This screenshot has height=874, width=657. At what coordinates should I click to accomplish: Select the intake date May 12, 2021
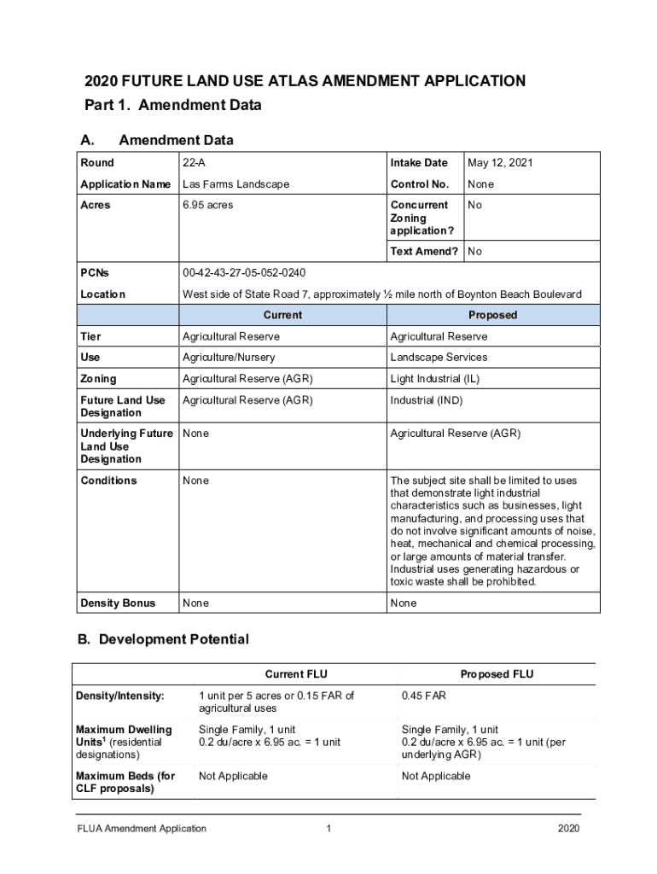coord(499,163)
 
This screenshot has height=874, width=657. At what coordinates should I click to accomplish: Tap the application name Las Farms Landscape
coord(235,184)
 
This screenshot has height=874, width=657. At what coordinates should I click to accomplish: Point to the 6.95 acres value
coord(207,206)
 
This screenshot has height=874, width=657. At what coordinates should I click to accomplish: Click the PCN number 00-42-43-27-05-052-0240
coord(244,273)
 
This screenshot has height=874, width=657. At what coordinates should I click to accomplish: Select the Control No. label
coord(419,184)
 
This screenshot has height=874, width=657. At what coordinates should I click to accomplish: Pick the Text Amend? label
coord(424,252)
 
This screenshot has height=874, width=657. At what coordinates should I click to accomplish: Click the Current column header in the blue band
coord(282,315)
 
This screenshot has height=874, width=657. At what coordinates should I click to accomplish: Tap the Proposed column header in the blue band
coord(493,315)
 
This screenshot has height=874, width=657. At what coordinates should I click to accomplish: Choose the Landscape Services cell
coord(439,358)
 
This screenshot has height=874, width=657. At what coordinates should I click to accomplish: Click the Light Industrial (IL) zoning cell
coord(433,379)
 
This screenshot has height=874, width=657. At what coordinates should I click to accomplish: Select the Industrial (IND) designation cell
coord(427,400)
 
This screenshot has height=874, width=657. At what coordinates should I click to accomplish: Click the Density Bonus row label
coord(118,603)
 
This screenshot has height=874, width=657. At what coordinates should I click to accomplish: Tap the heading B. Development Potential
coord(164,639)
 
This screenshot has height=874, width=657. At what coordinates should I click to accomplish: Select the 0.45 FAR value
coord(424,696)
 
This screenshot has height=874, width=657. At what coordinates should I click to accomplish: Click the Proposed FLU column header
coord(497,674)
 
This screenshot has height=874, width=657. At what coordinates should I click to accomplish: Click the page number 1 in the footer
coord(328,829)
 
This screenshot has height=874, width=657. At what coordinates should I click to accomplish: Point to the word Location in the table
coord(103,294)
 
